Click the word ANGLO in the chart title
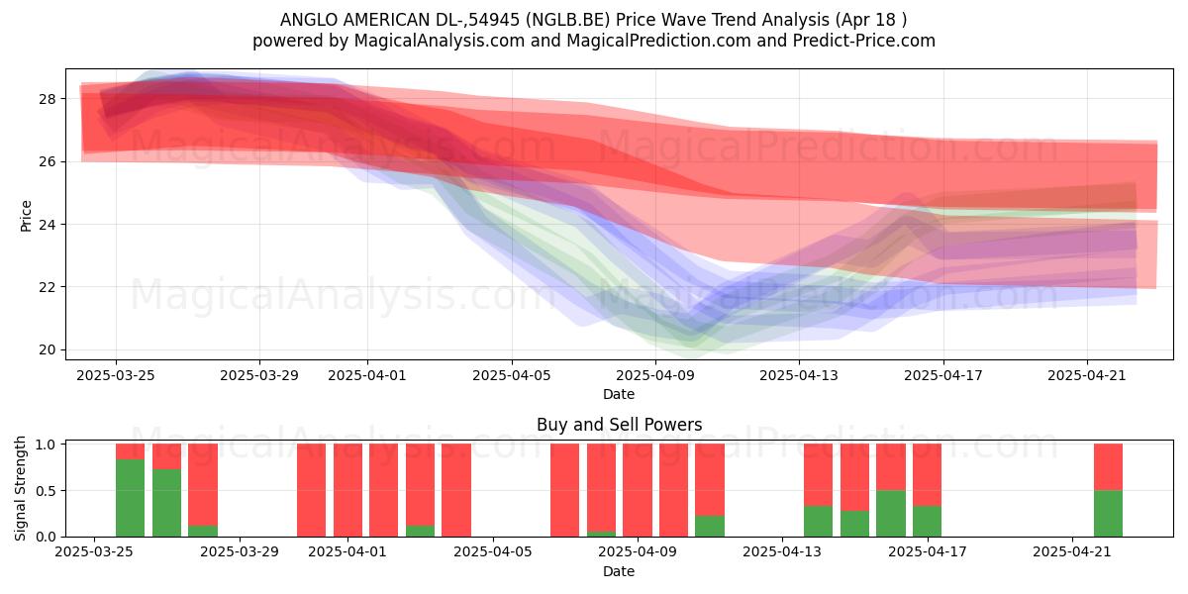click(309, 20)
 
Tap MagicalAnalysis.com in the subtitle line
click(440, 41)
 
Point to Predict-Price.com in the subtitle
click(864, 41)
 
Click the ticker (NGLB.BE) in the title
click(567, 20)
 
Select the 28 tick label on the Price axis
click(48, 99)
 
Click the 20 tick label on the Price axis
click(48, 350)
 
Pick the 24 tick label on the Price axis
click(48, 225)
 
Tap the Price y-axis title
click(26, 216)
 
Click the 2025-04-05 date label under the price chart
click(512, 375)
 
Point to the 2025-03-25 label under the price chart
click(116, 375)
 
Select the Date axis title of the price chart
click(619, 394)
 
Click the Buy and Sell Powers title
click(619, 425)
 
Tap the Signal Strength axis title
click(20, 488)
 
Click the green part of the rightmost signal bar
click(1109, 514)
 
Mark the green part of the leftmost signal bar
click(130, 498)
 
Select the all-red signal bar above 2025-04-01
click(347, 490)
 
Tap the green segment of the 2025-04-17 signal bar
click(927, 522)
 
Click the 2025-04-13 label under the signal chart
click(782, 552)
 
